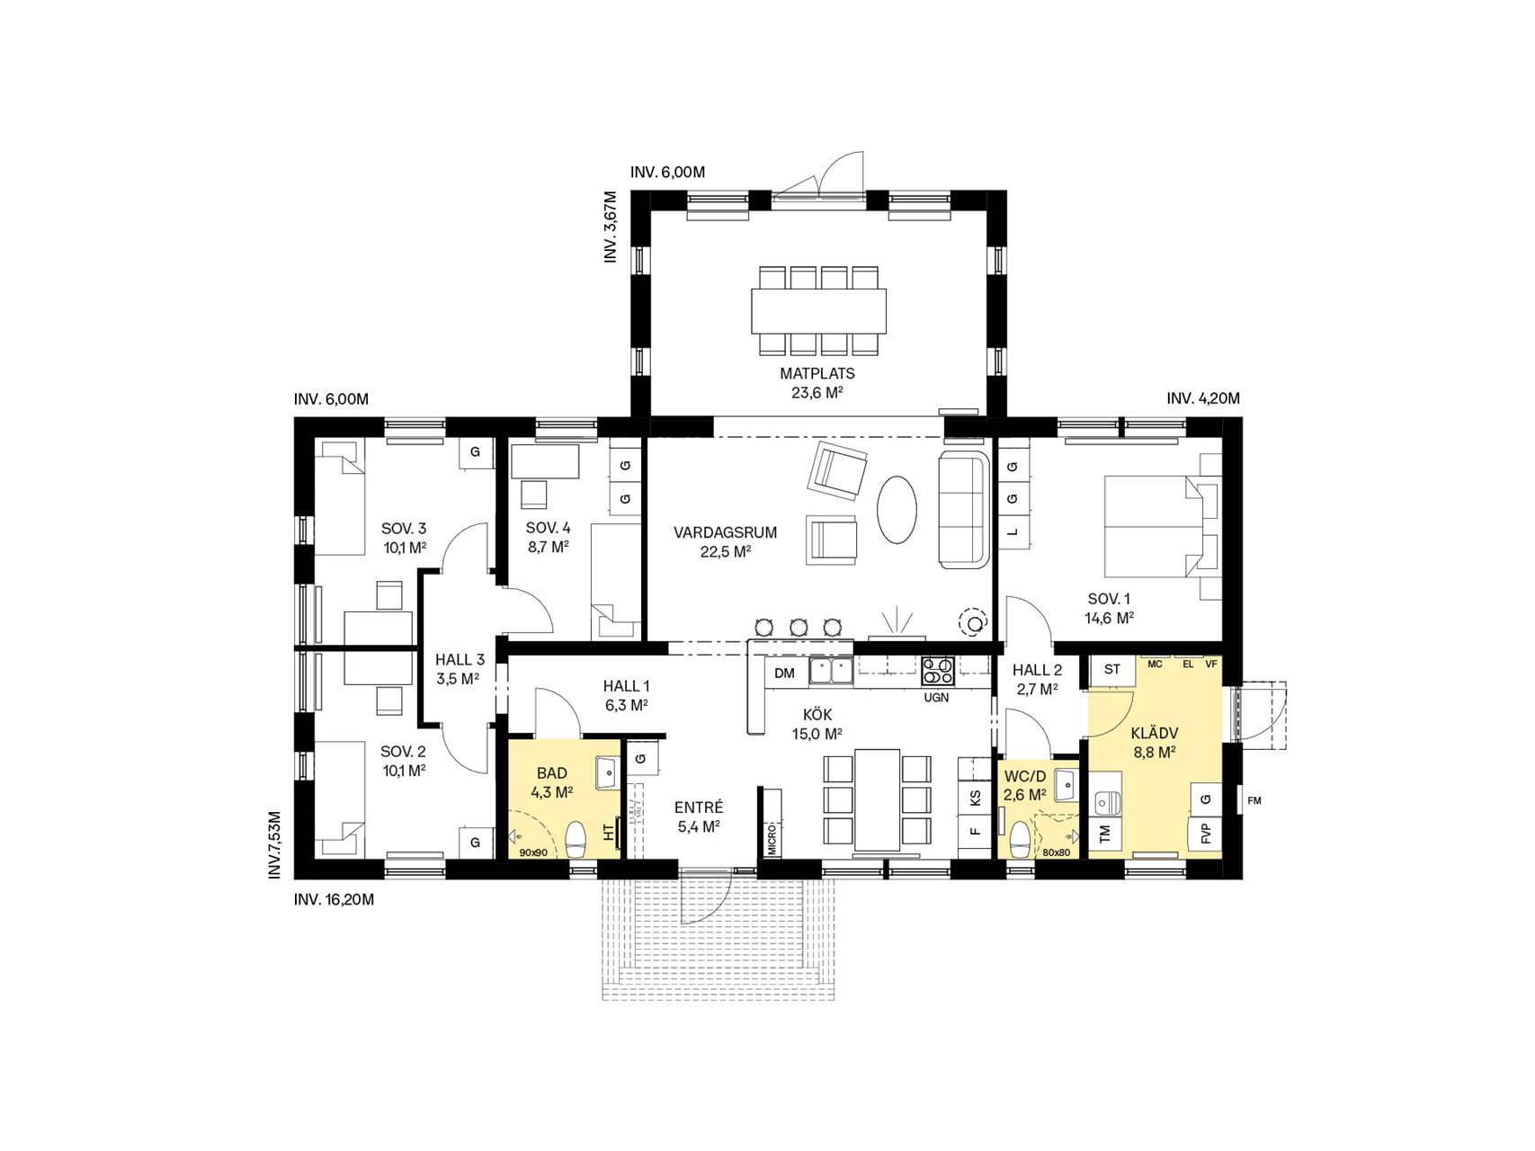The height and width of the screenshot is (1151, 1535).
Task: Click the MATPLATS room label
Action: pyautogui.click(x=817, y=373)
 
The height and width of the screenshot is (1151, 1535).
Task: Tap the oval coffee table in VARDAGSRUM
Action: pyautogui.click(x=897, y=509)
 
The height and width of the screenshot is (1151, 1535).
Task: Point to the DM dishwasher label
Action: pyautogui.click(x=784, y=673)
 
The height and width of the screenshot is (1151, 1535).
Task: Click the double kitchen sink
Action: pyautogui.click(x=832, y=670)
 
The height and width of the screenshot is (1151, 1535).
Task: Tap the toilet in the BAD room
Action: pyautogui.click(x=576, y=839)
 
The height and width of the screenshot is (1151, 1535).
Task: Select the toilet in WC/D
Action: pyautogui.click(x=1020, y=840)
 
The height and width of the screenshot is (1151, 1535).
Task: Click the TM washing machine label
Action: pyautogui.click(x=1105, y=834)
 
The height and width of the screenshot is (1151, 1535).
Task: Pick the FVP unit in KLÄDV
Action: pyautogui.click(x=1206, y=833)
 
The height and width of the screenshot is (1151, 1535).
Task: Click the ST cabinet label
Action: pyautogui.click(x=1112, y=669)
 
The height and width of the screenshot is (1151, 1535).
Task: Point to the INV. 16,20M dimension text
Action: pyautogui.click(x=334, y=898)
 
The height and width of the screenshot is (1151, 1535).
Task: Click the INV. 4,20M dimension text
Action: pyautogui.click(x=1203, y=398)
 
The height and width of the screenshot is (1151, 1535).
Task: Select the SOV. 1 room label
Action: pyautogui.click(x=1109, y=599)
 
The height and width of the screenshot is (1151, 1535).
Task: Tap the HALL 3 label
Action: pyautogui.click(x=460, y=659)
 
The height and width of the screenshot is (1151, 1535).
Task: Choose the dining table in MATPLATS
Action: pyautogui.click(x=818, y=310)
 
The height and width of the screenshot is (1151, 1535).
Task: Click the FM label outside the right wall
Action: pyautogui.click(x=1254, y=800)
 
